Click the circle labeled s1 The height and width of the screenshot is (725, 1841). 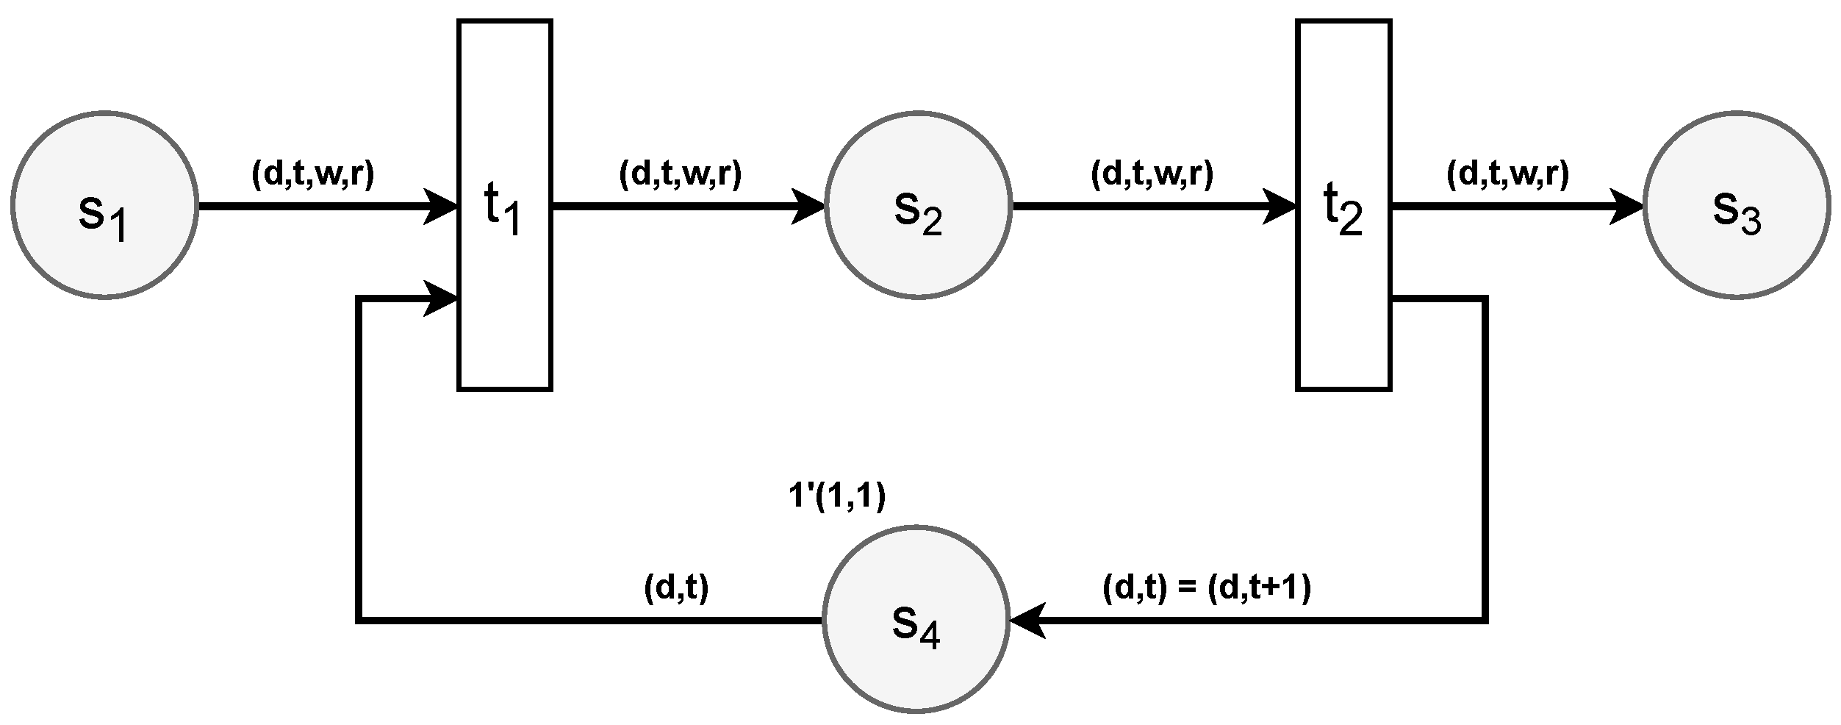click(x=104, y=205)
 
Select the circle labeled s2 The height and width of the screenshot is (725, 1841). click(x=918, y=205)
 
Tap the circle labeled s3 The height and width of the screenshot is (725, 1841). click(x=1737, y=205)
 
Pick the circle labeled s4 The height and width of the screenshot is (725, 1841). click(x=916, y=619)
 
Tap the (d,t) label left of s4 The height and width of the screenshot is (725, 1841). click(x=675, y=588)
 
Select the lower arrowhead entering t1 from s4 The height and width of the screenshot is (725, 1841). click(x=442, y=298)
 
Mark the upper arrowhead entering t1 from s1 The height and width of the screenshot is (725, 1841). click(x=442, y=206)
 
